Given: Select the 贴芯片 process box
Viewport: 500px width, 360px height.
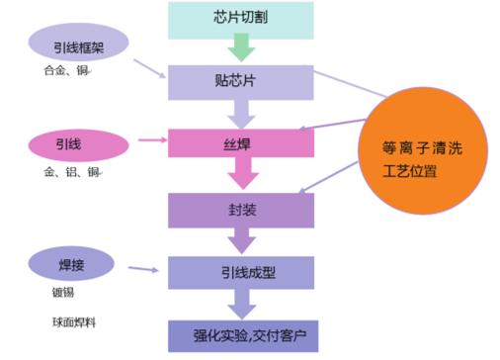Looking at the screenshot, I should (x=241, y=80).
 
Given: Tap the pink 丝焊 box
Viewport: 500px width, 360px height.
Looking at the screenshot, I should (x=241, y=143).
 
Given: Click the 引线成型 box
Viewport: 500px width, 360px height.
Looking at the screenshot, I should (x=241, y=272).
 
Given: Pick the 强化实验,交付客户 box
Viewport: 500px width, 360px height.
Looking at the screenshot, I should (x=241, y=334).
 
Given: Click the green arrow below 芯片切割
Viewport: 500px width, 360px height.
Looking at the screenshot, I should (x=241, y=46).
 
